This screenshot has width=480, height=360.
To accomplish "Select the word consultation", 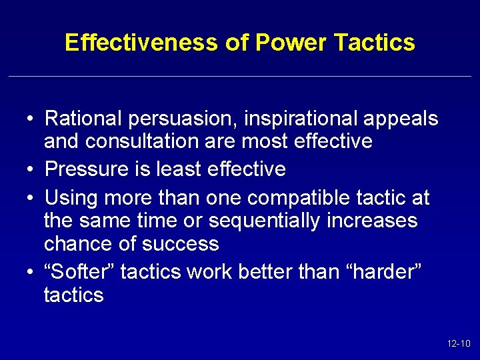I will point(142,141).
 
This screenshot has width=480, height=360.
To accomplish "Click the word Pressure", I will point(85,169).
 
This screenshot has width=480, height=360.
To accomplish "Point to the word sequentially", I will point(262,221).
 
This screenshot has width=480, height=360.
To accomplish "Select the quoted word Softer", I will point(79,271).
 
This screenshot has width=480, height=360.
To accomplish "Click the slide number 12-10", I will point(459,344).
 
